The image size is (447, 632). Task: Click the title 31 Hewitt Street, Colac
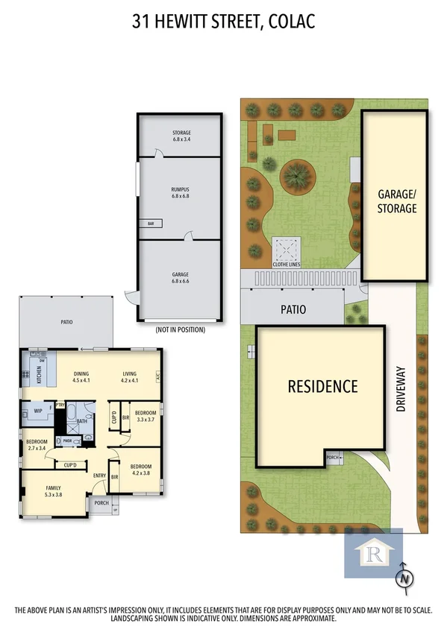(x=223, y=22)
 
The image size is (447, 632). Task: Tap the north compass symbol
(x=404, y=577)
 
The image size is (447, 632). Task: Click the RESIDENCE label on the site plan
(x=323, y=387)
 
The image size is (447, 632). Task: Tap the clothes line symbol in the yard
(x=287, y=248)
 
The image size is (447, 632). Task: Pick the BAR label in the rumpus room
(x=150, y=223)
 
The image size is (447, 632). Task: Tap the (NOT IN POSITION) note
(x=180, y=329)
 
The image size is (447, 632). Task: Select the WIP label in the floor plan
(x=37, y=410)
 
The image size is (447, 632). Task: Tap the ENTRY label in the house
(x=99, y=476)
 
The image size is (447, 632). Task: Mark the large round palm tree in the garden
(x=297, y=177)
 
